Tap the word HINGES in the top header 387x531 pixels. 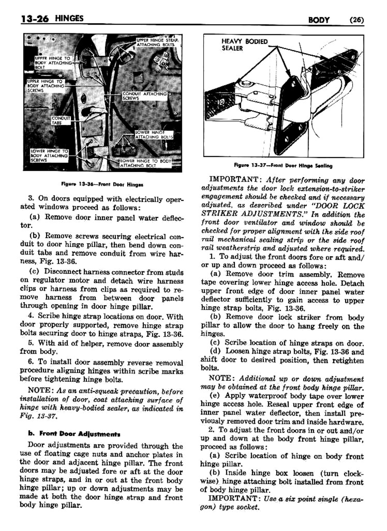(x=69, y=18)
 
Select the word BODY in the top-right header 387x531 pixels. (x=319, y=20)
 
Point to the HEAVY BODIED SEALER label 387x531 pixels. (x=244, y=45)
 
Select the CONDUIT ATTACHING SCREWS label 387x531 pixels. (x=145, y=96)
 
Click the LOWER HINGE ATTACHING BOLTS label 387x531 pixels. (x=154, y=135)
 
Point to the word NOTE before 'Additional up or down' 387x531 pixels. (x=221, y=379)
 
